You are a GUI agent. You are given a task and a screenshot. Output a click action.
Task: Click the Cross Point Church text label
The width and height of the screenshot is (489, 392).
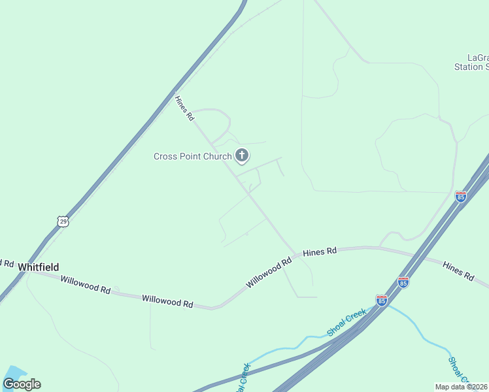tap(192, 156)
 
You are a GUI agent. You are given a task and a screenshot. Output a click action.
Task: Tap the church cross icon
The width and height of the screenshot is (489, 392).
tap(242, 155)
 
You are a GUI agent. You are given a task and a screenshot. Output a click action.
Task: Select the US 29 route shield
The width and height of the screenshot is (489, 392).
tap(63, 221)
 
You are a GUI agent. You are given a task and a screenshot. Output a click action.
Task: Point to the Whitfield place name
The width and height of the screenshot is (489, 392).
tap(39, 267)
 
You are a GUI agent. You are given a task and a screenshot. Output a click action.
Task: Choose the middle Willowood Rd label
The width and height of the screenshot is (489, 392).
tap(168, 301)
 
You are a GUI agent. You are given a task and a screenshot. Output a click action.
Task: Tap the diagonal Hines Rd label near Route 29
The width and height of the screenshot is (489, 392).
tap(184, 108)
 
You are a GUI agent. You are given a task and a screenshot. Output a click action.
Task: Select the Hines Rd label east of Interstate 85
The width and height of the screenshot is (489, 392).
tap(458, 270)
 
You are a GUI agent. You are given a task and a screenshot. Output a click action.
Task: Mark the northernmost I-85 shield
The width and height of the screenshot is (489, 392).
tap(461, 197)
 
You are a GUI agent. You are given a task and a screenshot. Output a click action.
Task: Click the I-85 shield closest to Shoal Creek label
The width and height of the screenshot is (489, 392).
tap(382, 300)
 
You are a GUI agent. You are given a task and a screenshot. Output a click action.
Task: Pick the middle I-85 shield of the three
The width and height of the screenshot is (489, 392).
tap(403, 282)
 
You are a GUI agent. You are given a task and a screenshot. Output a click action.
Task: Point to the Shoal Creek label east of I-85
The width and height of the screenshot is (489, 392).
tap(460, 369)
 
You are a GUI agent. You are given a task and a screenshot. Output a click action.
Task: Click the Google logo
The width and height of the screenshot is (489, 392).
tap(22, 384)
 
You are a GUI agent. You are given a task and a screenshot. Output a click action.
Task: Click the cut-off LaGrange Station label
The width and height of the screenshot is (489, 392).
tap(471, 62)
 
